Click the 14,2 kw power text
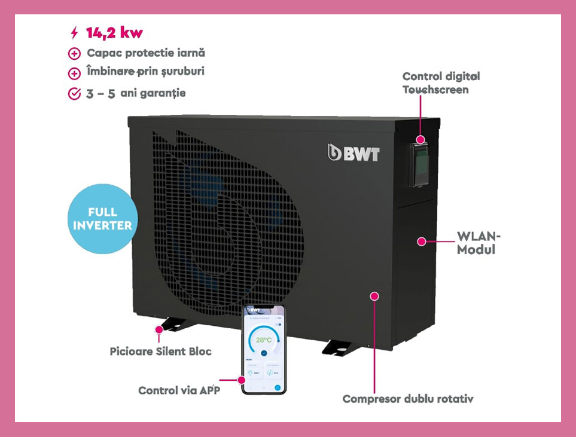pyautogui.click(x=114, y=32)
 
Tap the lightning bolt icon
pyautogui.click(x=74, y=32)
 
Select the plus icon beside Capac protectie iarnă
pyautogui.click(x=74, y=54)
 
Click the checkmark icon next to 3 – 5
pyautogui.click(x=74, y=94)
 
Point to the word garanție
pyautogui.click(x=161, y=93)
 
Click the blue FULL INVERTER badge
pyautogui.click(x=102, y=219)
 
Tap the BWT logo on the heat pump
pyautogui.click(x=353, y=153)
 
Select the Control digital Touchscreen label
pyautogui.click(x=441, y=83)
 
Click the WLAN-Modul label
pyautogui.click(x=479, y=242)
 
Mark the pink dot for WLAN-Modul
pyautogui.click(x=422, y=242)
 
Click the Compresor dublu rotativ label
pyautogui.click(x=408, y=399)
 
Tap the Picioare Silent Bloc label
pyautogui.click(x=160, y=351)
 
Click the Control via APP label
pyautogui.click(x=179, y=390)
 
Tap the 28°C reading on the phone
pyautogui.click(x=263, y=340)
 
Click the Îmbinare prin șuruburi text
pyautogui.click(x=145, y=72)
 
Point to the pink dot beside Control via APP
pyautogui.click(x=242, y=380)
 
